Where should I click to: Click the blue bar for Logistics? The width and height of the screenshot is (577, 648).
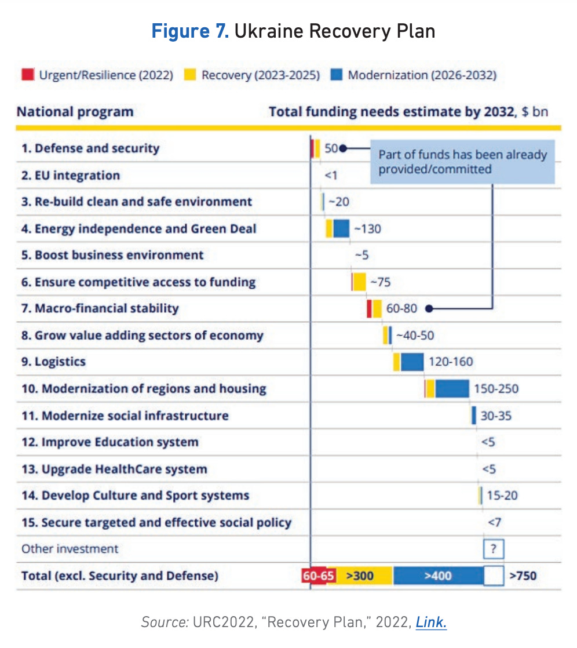412,362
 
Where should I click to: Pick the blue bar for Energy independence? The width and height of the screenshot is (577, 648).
341,228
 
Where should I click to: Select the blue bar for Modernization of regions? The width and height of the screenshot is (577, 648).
452,388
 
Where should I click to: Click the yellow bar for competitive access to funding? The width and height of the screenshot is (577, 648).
360,282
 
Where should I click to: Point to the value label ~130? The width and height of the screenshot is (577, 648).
367,229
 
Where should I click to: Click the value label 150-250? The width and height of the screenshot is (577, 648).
496,388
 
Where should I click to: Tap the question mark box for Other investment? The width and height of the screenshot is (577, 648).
493,548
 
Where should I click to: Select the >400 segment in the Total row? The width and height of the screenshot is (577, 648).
438,576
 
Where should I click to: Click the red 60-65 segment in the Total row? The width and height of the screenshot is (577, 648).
315,576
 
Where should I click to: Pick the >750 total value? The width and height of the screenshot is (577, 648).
523,576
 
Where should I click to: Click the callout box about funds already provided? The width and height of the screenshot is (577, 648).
462,162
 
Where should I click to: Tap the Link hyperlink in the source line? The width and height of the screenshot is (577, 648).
431,622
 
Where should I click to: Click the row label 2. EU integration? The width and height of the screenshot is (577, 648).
71,175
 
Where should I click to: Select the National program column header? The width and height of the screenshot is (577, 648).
75,111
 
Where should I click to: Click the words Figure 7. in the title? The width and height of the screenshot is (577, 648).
190,31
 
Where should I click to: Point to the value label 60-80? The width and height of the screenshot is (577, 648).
401,308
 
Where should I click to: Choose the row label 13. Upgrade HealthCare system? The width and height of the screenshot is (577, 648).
114,469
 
